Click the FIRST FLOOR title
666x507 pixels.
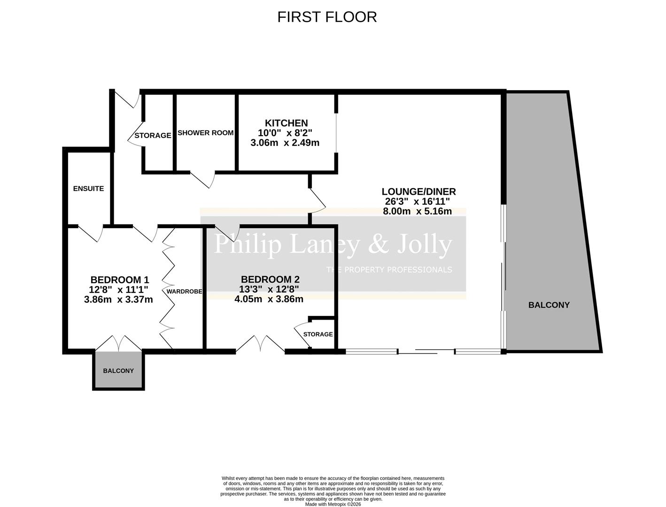[x=327, y=17]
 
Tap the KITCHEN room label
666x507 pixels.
[x=286, y=123]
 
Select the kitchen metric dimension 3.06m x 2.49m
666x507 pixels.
[x=285, y=143]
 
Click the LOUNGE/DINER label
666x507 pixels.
[x=418, y=192]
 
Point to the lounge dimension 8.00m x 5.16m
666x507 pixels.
[x=418, y=211]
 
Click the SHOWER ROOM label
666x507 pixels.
[x=205, y=133]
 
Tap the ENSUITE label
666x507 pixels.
[x=88, y=189]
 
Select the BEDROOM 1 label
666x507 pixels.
[x=120, y=280]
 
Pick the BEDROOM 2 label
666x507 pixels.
[x=270, y=279]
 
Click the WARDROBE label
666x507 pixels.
[x=184, y=292]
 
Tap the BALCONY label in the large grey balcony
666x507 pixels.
[x=549, y=305]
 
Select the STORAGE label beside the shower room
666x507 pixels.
[x=153, y=136]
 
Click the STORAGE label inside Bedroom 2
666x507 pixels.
[x=318, y=334]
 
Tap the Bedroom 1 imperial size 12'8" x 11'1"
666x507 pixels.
[x=118, y=290]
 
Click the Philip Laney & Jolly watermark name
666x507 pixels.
[x=333, y=244]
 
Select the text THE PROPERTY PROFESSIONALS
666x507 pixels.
[x=389, y=269]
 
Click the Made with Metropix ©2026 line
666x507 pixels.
[x=333, y=505]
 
